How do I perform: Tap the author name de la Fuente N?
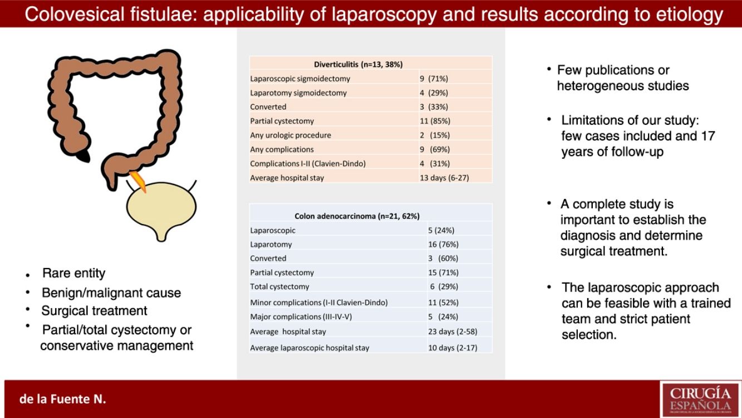[x=62, y=399]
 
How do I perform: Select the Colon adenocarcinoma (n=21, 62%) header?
[x=356, y=216]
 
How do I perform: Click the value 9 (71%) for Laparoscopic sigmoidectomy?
[x=434, y=79]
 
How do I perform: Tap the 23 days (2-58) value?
[x=453, y=332]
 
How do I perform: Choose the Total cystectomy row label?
[x=279, y=286]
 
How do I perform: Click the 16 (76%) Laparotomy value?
[x=443, y=244]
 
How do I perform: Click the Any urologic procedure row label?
[x=290, y=135]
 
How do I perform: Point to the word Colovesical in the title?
[x=72, y=13]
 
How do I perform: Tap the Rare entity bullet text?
[x=73, y=274]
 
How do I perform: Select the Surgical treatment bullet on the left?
[x=95, y=310]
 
